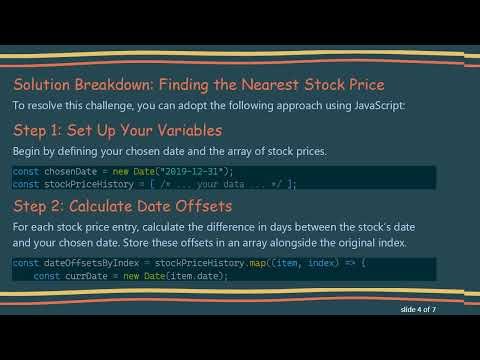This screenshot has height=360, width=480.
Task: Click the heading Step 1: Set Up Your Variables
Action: coord(117,130)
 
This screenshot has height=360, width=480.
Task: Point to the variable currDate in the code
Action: coord(83,276)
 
